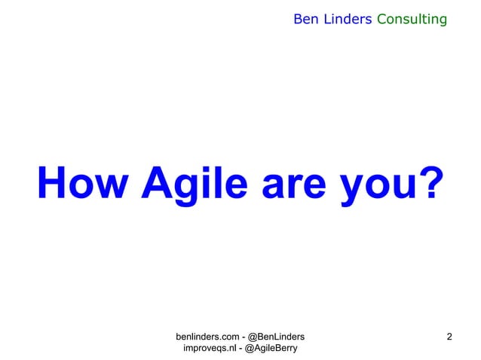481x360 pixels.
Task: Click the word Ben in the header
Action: pos(305,18)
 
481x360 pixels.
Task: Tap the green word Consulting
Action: pos(412,18)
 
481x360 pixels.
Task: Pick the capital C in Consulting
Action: pos(381,18)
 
